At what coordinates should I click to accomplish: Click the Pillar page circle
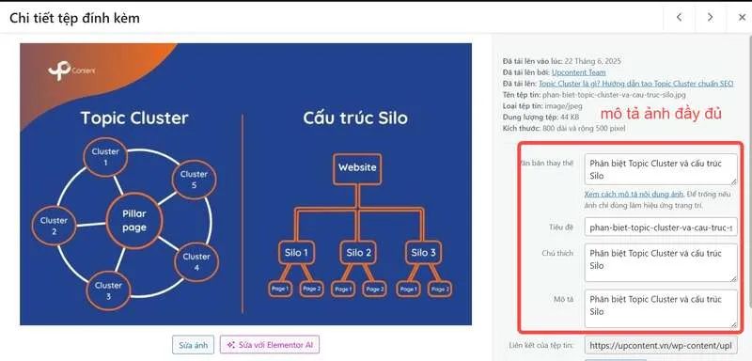point(133,220)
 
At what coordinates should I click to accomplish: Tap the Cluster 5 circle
point(195,180)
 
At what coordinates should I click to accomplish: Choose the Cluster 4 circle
point(196,260)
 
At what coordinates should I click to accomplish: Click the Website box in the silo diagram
point(356,168)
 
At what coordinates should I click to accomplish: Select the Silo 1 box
point(298,253)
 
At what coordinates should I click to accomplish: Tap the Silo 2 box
point(359,253)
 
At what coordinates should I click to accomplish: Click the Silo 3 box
point(421,253)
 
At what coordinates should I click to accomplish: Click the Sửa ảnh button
point(193,345)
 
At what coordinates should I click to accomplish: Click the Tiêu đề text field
point(660,228)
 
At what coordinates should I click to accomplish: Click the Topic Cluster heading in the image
point(133,118)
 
